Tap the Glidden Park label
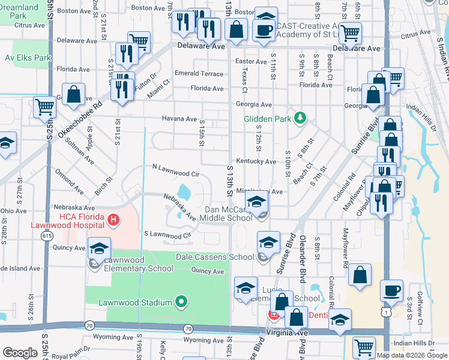pos(268,119)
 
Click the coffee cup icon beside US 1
pos(392,290)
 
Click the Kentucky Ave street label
pos(256,162)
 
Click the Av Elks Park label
pos(26,58)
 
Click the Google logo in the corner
pos(20,353)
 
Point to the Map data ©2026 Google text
pos(412,355)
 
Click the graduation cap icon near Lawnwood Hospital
pos(99,248)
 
